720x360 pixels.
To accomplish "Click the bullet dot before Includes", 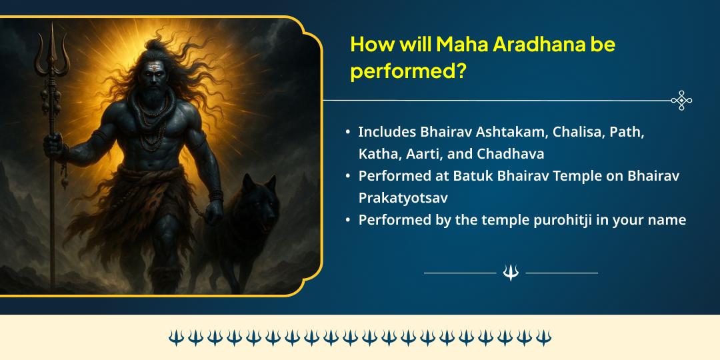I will point(348,133).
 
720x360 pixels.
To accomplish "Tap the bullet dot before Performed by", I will point(348,221).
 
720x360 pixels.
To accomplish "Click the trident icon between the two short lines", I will point(511,273).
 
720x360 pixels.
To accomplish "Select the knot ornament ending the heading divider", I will point(681,101).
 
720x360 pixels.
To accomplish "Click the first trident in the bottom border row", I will point(175,337).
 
